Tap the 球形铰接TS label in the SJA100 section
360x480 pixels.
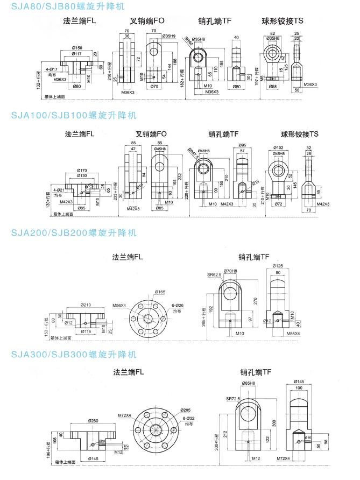pyautogui.click(x=300, y=134)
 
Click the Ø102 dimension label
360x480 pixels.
pyautogui.click(x=279, y=147)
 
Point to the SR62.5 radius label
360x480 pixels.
pyautogui.click(x=214, y=274)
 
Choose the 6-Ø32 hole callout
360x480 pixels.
pyautogui.click(x=189, y=418)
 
